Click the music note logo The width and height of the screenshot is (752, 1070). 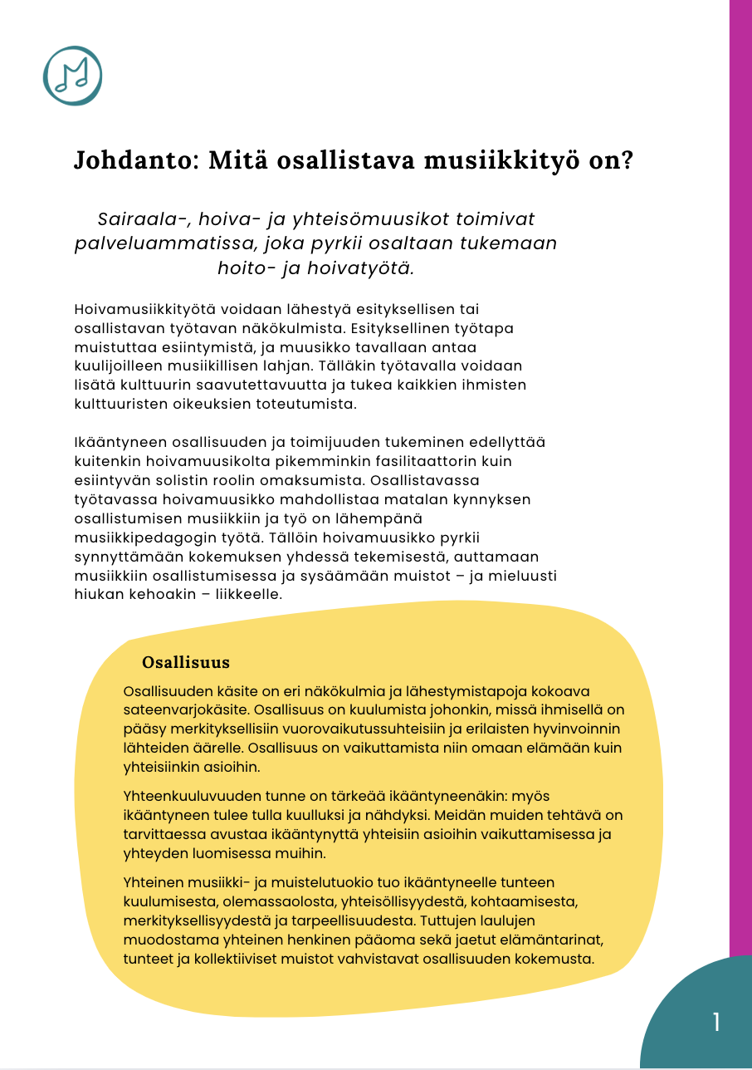point(72,76)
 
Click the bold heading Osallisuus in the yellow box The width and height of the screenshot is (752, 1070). point(186,663)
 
